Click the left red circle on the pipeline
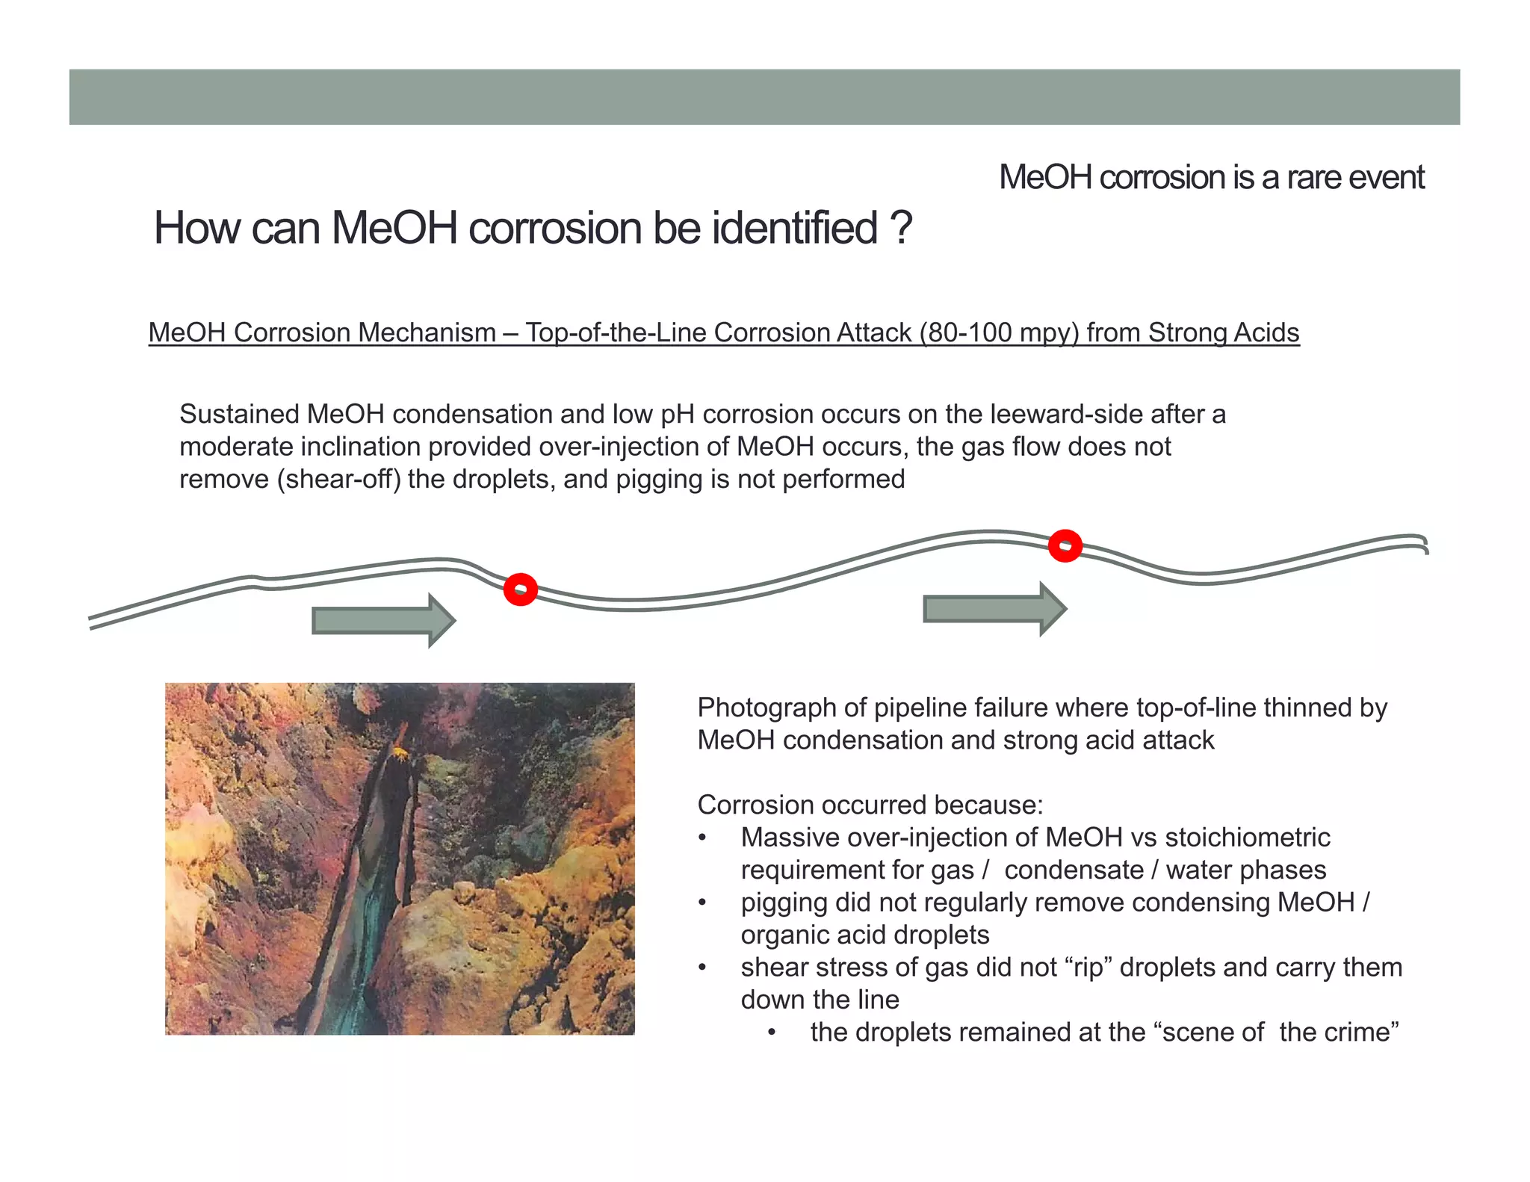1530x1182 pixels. [521, 590]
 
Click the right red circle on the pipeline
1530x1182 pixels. [1065, 545]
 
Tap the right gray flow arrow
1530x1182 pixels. [994, 609]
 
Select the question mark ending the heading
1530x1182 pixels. [902, 228]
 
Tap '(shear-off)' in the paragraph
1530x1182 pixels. [341, 479]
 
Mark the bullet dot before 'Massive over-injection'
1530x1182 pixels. [702, 838]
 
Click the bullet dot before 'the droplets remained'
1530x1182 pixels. [772, 1033]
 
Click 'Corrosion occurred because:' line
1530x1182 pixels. [870, 805]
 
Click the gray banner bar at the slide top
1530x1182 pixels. [764, 97]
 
